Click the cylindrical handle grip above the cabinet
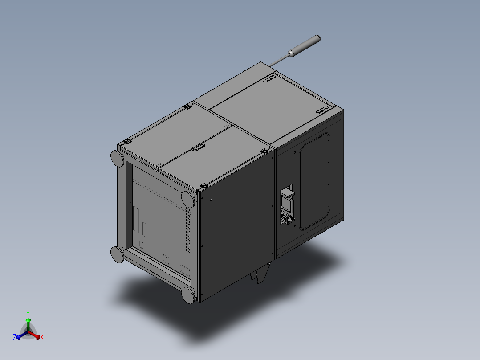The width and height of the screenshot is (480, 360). tap(305, 45)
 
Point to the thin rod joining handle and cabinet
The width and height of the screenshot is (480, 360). tap(279, 60)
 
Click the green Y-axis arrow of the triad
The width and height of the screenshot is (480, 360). tap(28, 325)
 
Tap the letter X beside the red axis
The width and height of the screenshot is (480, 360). tap(42, 337)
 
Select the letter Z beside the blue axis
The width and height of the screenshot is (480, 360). tap(14, 337)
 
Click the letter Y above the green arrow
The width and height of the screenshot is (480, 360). tap(28, 313)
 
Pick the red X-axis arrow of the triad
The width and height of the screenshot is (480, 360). tap(34, 335)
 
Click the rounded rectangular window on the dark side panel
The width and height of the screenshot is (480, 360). tap(315, 181)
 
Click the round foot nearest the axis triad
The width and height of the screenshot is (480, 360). tap(117, 254)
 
